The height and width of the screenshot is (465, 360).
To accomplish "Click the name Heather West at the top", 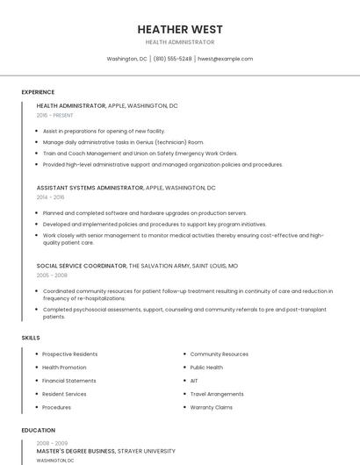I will point(180,29).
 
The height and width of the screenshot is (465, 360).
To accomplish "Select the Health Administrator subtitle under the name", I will point(180,42).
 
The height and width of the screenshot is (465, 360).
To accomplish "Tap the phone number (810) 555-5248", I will point(172,59).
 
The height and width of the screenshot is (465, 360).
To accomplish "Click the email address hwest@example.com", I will point(225,59).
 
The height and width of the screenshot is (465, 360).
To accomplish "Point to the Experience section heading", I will point(38,92).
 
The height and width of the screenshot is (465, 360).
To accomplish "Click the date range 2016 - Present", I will point(54,115).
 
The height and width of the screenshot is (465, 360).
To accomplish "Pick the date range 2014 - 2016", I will point(50,197).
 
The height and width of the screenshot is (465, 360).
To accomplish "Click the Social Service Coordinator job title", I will point(82,265).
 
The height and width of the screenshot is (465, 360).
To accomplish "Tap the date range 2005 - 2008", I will point(52,275).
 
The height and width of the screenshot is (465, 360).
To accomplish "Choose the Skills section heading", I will point(30,338).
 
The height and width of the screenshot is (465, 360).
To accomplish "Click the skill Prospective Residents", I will point(70,354).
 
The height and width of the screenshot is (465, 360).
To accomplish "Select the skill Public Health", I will point(206,368).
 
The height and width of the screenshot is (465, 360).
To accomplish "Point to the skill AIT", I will point(194,381).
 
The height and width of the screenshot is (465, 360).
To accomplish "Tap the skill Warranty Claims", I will point(211,407).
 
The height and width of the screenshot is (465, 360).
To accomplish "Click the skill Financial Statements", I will point(69,381).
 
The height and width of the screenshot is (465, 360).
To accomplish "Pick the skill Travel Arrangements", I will point(217,394).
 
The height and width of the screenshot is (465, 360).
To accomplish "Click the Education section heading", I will point(38,431).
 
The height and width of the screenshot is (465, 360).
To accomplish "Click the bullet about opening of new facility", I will point(104,131).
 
